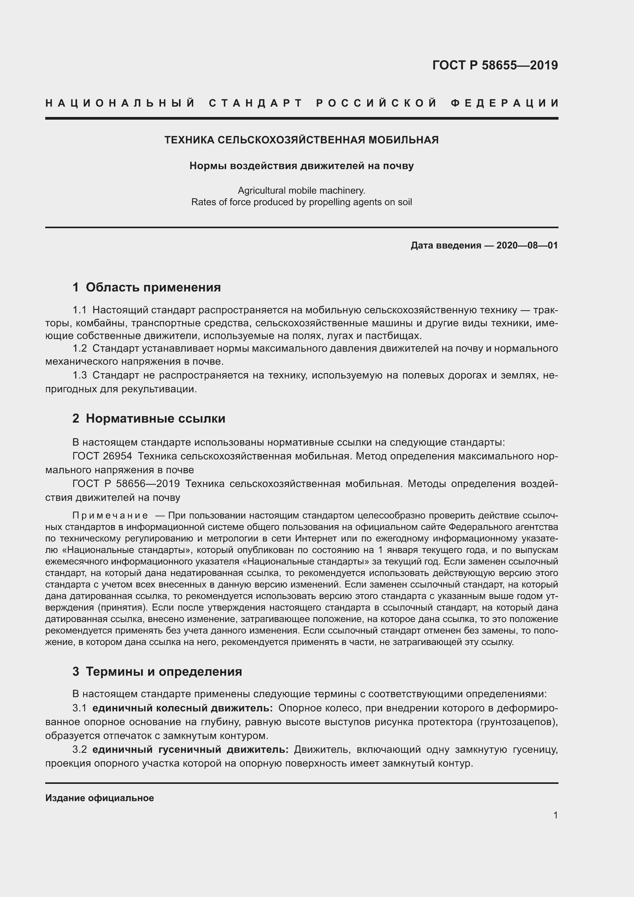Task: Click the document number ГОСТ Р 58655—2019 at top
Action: [495, 65]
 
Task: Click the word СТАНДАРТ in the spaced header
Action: [256, 103]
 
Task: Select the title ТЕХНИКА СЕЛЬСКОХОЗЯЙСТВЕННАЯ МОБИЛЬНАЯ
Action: [301, 140]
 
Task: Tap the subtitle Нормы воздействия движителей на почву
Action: [301, 166]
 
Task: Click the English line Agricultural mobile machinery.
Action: [301, 191]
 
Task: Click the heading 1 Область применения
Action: [146, 288]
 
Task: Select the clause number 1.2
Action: [80, 348]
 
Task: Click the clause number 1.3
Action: [80, 375]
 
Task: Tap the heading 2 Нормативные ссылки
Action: [149, 419]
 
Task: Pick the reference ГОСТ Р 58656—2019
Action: [126, 484]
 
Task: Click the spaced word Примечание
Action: [110, 516]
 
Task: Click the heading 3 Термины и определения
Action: [157, 672]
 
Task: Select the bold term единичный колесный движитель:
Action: [182, 708]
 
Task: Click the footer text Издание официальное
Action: [100, 798]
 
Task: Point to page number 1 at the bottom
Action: [555, 815]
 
